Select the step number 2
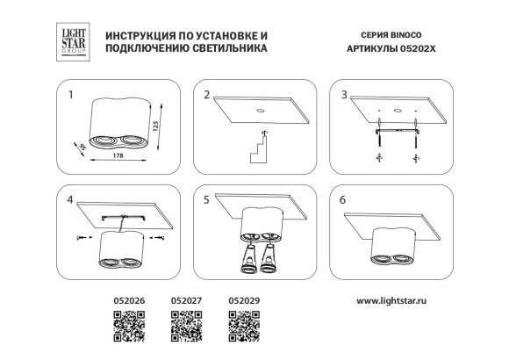tap(207, 94)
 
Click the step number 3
tap(344, 94)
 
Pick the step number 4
tap(70, 200)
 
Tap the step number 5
tap(207, 200)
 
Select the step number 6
tap(344, 200)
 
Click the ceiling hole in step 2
tap(261, 111)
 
